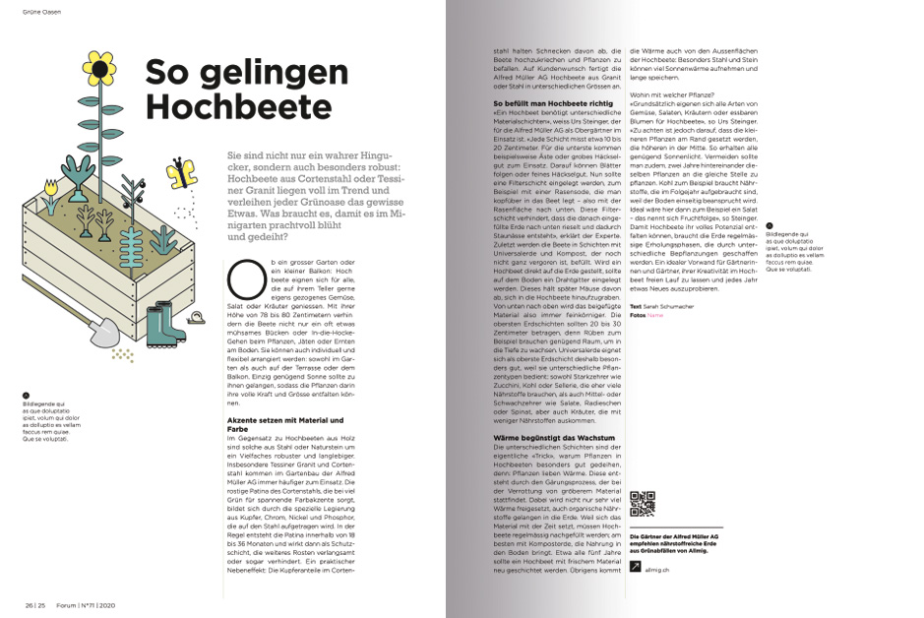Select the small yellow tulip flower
tap(52, 184)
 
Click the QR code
tap(641, 505)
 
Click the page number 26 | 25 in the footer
tap(35, 605)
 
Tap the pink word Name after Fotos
tap(655, 316)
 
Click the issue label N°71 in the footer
tap(94, 605)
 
